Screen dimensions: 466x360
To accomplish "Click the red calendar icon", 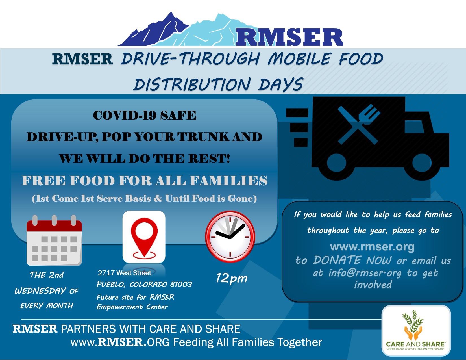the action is [54, 240].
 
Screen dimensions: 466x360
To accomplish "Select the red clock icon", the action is [230, 237].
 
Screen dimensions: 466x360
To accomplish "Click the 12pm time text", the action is [231, 278].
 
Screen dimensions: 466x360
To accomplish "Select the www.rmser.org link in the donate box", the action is [372, 246].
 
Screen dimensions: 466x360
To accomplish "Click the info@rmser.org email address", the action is [365, 273].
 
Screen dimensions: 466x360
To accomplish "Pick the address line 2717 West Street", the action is [125, 273].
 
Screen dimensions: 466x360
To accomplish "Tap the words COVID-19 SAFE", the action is [145, 115].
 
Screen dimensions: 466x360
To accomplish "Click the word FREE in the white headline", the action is [43, 181].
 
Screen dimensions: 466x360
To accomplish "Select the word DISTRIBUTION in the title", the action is [192, 84].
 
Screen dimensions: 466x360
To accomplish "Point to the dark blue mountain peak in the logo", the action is [171, 13].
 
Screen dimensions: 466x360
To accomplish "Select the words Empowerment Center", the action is [132, 307].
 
